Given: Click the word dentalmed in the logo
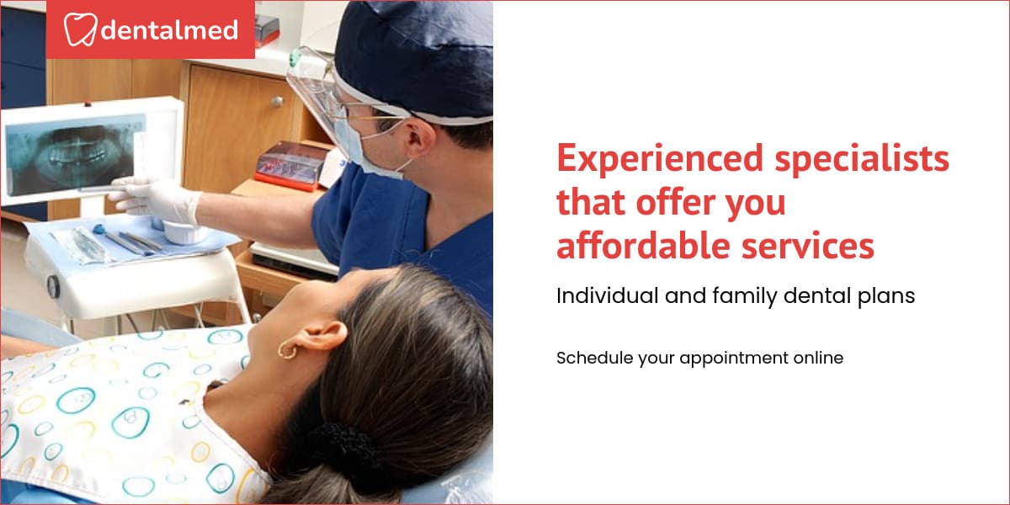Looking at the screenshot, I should click(x=170, y=31).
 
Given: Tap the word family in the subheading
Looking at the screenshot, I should click(x=749, y=296).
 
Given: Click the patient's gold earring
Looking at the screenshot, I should click(x=289, y=349).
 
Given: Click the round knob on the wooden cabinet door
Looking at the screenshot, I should click(x=276, y=101).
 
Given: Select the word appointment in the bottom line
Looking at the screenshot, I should click(x=732, y=358).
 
